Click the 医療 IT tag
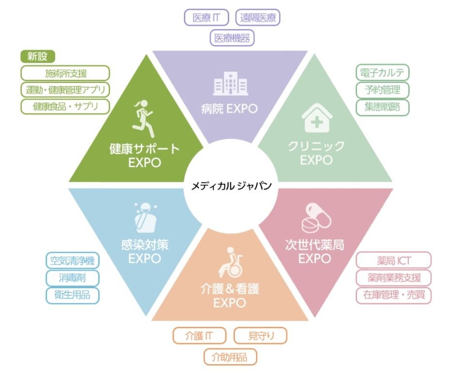click(207, 18)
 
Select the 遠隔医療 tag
click(258, 18)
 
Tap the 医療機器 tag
click(232, 38)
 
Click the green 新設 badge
click(38, 56)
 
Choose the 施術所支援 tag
click(65, 73)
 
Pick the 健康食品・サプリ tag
click(65, 106)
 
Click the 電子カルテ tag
click(382, 73)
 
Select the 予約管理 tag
click(382, 90)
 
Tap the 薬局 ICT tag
click(393, 261)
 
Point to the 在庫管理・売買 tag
click(393, 295)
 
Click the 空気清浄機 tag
click(72, 261)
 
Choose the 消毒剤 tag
click(72, 278)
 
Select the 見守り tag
click(260, 336)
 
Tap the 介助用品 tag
click(230, 357)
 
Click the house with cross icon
click(317, 119)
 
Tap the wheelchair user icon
click(231, 262)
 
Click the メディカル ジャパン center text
click(231, 186)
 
